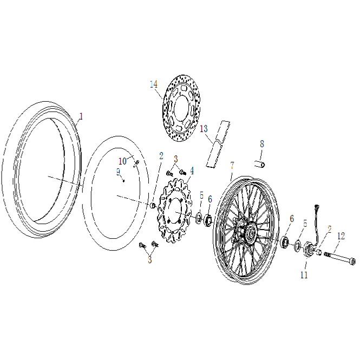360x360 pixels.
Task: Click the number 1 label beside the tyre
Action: tap(81, 116)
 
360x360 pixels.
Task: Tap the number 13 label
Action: tap(204, 129)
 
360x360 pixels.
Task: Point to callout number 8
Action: tap(261, 144)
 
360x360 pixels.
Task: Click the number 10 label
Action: tap(122, 161)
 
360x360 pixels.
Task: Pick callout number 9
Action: tap(118, 172)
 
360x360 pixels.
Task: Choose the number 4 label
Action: tap(192, 170)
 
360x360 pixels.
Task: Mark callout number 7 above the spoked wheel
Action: tap(232, 165)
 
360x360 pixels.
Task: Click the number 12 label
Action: tap(341, 236)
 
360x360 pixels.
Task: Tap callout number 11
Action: tap(304, 275)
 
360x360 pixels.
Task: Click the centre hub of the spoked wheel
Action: tap(250, 234)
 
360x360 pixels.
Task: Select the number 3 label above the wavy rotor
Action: tap(176, 159)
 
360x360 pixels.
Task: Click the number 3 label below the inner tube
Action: tap(149, 259)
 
